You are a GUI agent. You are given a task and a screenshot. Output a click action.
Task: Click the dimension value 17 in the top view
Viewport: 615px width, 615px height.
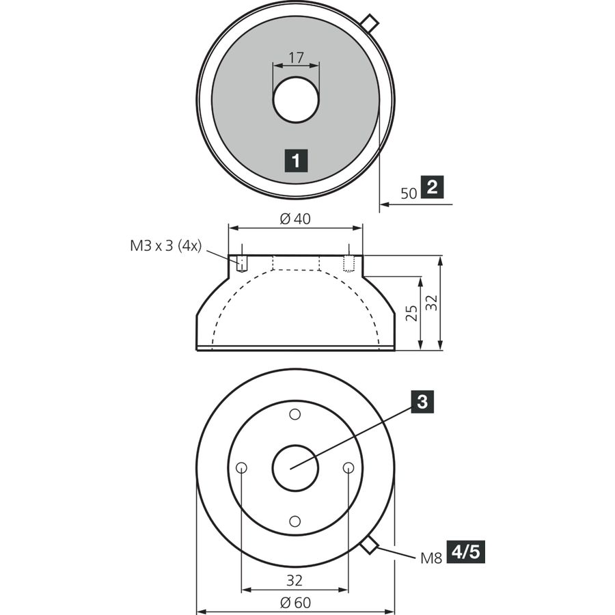[x=296, y=57]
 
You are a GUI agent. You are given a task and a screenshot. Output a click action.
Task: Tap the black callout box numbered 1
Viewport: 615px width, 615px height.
[x=296, y=161]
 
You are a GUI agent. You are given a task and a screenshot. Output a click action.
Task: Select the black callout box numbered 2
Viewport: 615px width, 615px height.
[x=432, y=187]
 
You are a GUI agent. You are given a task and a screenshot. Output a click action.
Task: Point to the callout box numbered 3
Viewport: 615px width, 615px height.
[x=422, y=402]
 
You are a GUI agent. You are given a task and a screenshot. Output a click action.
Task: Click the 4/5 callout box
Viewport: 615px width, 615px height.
[x=466, y=552]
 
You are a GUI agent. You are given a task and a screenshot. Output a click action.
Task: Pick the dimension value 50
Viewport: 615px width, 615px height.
[x=409, y=193]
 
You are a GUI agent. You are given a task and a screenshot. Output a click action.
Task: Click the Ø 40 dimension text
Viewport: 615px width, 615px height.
[x=295, y=219]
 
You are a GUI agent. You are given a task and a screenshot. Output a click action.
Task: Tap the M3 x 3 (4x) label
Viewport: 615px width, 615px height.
[x=165, y=246]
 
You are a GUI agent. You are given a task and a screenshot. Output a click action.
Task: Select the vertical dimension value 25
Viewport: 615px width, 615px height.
[x=411, y=313]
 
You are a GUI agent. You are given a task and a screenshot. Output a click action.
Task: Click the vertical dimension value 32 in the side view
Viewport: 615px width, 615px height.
[x=431, y=303]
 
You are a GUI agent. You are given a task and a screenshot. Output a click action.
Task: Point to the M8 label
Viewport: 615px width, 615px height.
[x=431, y=558]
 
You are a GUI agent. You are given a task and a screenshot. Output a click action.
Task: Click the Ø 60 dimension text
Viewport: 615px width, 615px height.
[x=295, y=602]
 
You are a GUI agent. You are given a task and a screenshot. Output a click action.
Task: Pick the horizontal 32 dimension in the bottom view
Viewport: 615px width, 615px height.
[x=295, y=580]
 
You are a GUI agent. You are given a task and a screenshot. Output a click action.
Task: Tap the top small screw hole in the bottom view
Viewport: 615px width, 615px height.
[x=295, y=414]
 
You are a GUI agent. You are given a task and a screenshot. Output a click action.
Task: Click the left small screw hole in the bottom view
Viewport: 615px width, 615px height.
[x=242, y=467]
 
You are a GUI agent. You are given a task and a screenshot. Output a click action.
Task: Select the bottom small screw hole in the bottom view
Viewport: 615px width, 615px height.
[x=295, y=521]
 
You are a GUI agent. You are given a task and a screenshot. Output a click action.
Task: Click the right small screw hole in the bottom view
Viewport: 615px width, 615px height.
[x=348, y=467]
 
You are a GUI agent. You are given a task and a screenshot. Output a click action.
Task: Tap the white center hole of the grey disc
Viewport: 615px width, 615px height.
[x=296, y=100]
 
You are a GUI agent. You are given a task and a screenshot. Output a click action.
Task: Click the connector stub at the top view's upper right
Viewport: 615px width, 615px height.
[x=370, y=23]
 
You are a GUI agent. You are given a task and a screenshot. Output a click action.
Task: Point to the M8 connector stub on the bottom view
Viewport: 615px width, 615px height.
[x=369, y=545]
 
